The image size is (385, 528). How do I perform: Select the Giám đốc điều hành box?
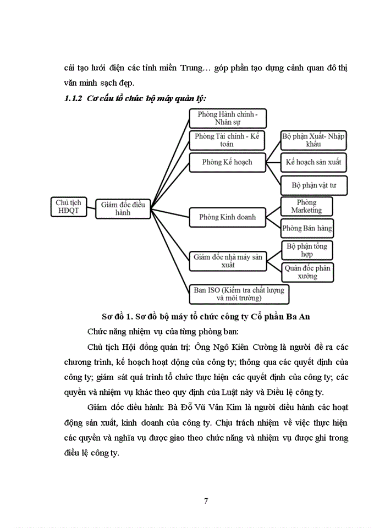(x=123, y=208)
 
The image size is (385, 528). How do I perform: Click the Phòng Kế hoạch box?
(x=227, y=162)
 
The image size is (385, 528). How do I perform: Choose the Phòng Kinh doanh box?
(x=227, y=217)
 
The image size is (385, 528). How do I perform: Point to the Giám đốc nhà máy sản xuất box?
(x=227, y=260)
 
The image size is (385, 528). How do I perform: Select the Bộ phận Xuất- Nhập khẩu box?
(x=313, y=140)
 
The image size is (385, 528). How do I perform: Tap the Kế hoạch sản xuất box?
(x=314, y=162)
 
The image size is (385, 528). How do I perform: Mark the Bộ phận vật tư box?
(x=314, y=185)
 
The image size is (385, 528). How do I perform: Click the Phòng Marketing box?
(x=307, y=206)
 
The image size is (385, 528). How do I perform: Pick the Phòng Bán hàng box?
(x=307, y=227)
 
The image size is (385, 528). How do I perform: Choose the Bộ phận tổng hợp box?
(x=307, y=250)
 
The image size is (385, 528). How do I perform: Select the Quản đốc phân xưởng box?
(x=307, y=272)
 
